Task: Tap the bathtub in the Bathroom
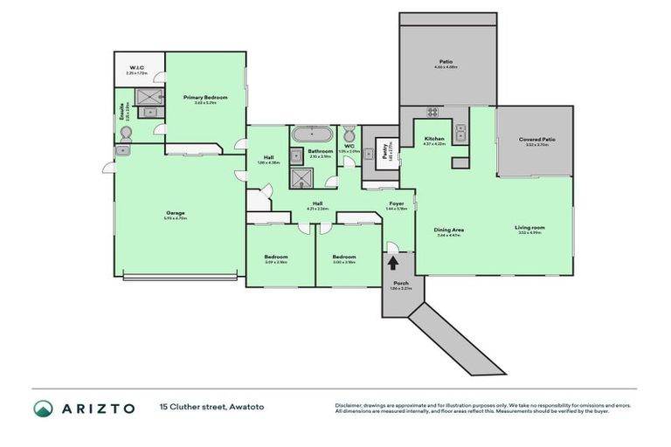point(308,134)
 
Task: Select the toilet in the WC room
point(349,134)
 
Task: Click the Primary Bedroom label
point(204,97)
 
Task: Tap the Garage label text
point(181,212)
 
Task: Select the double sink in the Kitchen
point(461,133)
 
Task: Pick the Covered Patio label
point(536,139)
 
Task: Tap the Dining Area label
point(449,230)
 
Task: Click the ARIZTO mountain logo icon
point(43,408)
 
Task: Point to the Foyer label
point(395,203)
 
